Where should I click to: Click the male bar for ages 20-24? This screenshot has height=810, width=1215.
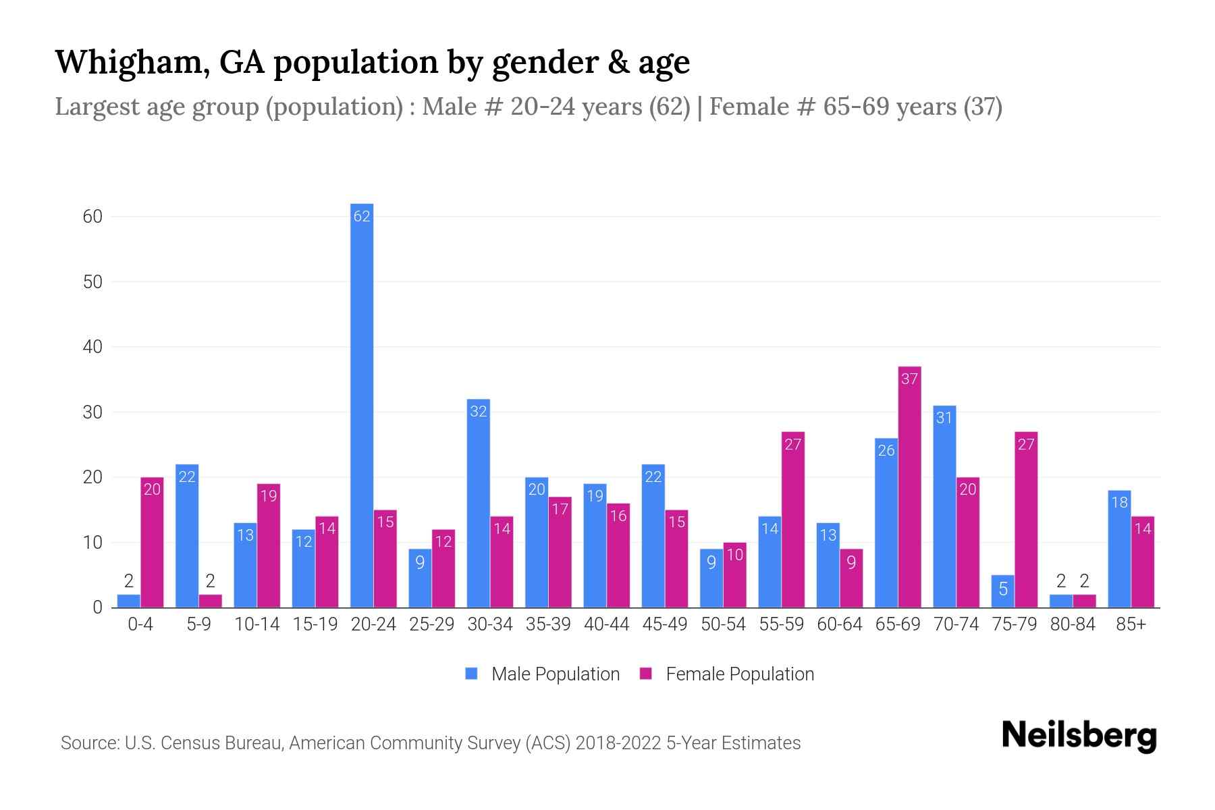tap(362, 405)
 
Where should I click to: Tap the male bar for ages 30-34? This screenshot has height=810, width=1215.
tap(479, 503)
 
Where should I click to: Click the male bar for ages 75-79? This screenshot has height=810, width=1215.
tap(1003, 591)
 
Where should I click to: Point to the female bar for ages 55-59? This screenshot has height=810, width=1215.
tap(793, 520)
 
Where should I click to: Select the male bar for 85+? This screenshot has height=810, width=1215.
tap(1119, 549)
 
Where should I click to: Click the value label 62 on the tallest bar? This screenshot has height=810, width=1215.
tap(362, 217)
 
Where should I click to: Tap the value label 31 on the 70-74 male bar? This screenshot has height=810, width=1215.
tap(944, 418)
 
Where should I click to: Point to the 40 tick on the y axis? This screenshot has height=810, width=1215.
tap(92, 347)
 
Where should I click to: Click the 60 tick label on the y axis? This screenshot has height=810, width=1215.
tap(92, 217)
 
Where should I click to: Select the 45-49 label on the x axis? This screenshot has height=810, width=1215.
tap(664, 624)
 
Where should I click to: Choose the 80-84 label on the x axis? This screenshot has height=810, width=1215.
tap(1073, 624)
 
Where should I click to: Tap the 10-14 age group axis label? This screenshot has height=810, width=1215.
tap(256, 624)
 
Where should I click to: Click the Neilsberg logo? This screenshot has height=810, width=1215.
tap(1079, 735)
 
